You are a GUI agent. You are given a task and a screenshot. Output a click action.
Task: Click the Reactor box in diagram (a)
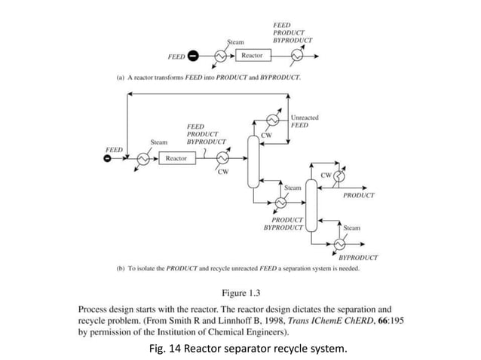click(252, 56)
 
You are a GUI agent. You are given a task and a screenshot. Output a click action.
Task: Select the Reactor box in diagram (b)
click(176, 157)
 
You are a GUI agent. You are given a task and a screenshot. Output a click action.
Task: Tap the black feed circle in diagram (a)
click(194, 56)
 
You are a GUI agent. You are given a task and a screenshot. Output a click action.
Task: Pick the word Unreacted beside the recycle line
click(304, 117)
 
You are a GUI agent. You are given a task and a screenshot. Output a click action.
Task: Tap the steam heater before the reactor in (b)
click(142, 157)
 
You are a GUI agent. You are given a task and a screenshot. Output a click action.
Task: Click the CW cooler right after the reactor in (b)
click(222, 157)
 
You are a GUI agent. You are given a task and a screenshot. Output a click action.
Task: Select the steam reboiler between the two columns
click(281, 202)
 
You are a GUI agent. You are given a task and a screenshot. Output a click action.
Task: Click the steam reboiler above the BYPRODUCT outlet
click(340, 244)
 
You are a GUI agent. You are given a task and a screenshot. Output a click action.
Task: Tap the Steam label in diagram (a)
click(235, 42)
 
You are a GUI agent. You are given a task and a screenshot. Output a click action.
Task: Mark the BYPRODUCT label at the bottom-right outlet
click(358, 258)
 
